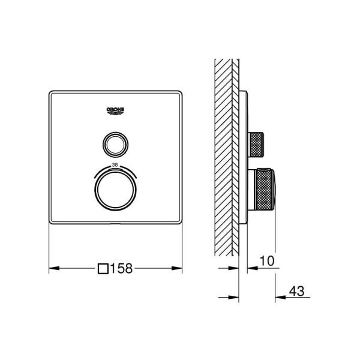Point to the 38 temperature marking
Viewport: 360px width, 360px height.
(115, 165)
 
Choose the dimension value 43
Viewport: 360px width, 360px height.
(296, 292)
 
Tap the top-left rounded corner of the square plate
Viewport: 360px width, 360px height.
(51, 93)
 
